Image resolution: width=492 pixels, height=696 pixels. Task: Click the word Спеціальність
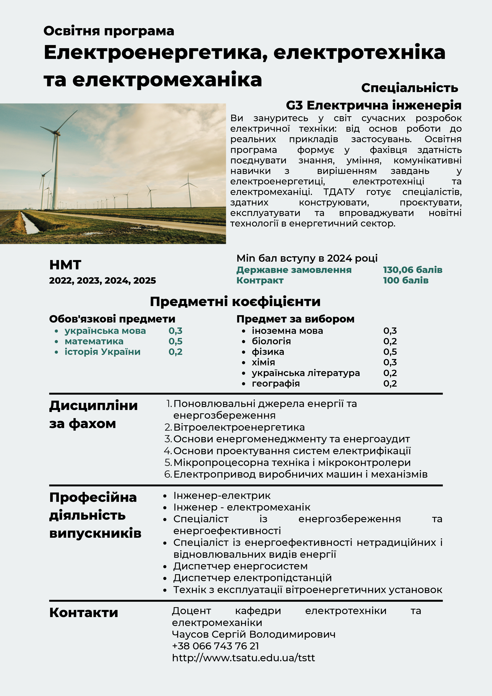[409, 88]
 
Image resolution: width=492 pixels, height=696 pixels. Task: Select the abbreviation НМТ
[65, 265]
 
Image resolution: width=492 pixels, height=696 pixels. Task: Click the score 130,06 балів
[412, 270]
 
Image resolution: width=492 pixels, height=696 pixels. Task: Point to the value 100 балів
[406, 280]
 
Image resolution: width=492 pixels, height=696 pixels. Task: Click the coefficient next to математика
[176, 341]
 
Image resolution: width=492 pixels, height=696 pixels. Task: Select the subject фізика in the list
[268, 352]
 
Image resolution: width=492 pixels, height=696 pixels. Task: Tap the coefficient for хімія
[390, 362]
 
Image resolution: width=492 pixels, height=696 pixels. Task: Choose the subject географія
[276, 383]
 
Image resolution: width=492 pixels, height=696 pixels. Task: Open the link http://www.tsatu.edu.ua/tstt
[244, 658]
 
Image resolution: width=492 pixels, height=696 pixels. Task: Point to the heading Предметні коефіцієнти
[235, 302]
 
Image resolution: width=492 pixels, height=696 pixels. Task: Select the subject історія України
[103, 352]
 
